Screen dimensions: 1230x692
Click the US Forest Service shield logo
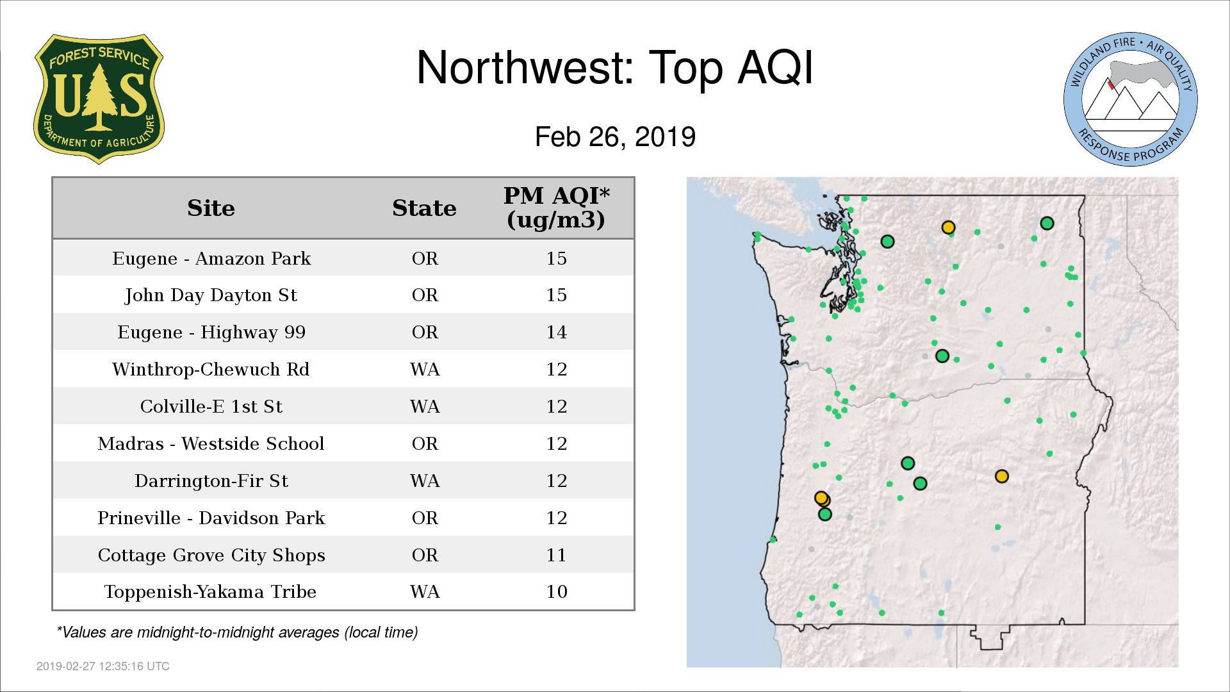tap(99, 99)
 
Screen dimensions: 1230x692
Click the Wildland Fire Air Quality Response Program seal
tap(1131, 99)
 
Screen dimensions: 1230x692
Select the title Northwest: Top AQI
tap(615, 67)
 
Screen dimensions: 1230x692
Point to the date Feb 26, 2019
tap(615, 136)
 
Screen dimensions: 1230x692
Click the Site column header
tap(211, 208)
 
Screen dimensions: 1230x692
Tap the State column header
tap(424, 208)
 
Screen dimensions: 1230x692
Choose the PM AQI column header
tap(556, 208)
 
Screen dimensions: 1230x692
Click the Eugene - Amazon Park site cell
tap(211, 258)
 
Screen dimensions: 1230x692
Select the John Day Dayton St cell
tap(211, 295)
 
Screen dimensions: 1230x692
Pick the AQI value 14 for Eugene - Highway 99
tap(556, 332)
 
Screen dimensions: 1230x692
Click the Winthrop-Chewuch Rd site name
tap(211, 369)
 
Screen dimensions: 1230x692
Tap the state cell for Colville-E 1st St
tap(425, 406)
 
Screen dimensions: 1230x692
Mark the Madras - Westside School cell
tap(211, 443)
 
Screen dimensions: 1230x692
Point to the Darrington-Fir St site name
tap(211, 481)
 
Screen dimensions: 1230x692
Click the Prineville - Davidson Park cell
tap(211, 518)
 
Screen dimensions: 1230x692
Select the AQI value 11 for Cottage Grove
tap(556, 555)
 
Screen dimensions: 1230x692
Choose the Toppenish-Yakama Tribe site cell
tap(210, 591)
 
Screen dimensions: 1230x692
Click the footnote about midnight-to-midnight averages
tap(237, 632)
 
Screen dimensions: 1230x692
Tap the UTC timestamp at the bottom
tap(103, 666)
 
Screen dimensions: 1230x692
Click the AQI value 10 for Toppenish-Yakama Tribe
tap(556, 591)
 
